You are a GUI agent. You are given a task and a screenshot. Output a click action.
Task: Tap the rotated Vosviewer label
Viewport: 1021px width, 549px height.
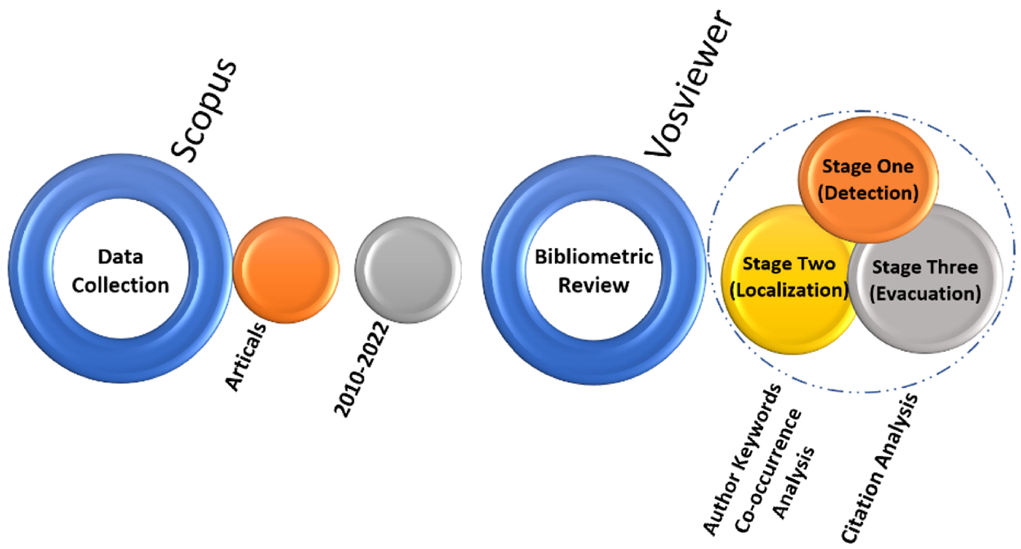689,85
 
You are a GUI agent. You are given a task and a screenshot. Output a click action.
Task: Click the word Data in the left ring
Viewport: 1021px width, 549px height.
120,257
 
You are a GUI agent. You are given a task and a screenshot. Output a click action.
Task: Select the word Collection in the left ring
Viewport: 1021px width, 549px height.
120,285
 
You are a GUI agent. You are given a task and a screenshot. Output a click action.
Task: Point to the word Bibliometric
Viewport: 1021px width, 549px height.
593,257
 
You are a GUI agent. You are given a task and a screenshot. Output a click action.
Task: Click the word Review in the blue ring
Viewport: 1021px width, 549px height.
593,285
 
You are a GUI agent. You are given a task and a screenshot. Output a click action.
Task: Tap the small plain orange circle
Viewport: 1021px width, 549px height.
286,270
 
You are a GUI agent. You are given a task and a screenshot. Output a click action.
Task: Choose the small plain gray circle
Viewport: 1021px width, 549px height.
408,270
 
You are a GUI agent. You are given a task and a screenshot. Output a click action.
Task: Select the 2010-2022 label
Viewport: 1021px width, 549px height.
362,369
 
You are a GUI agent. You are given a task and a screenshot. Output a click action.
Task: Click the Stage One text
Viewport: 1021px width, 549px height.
868,166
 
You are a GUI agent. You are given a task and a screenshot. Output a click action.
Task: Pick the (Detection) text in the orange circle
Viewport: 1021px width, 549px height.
868,193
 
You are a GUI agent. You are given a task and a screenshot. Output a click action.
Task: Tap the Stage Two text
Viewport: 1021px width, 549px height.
789,264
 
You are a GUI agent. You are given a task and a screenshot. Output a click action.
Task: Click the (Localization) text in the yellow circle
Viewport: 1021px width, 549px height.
789,290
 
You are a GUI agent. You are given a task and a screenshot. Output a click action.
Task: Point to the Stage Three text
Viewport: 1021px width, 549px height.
925,267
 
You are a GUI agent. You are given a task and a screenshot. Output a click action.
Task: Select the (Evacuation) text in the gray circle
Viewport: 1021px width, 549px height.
925,294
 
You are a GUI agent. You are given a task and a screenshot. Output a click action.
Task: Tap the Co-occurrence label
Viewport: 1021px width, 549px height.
768,471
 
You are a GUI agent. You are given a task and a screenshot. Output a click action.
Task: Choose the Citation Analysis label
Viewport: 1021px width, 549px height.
879,468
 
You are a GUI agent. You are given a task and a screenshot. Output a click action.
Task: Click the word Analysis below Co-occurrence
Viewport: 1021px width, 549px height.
794,483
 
